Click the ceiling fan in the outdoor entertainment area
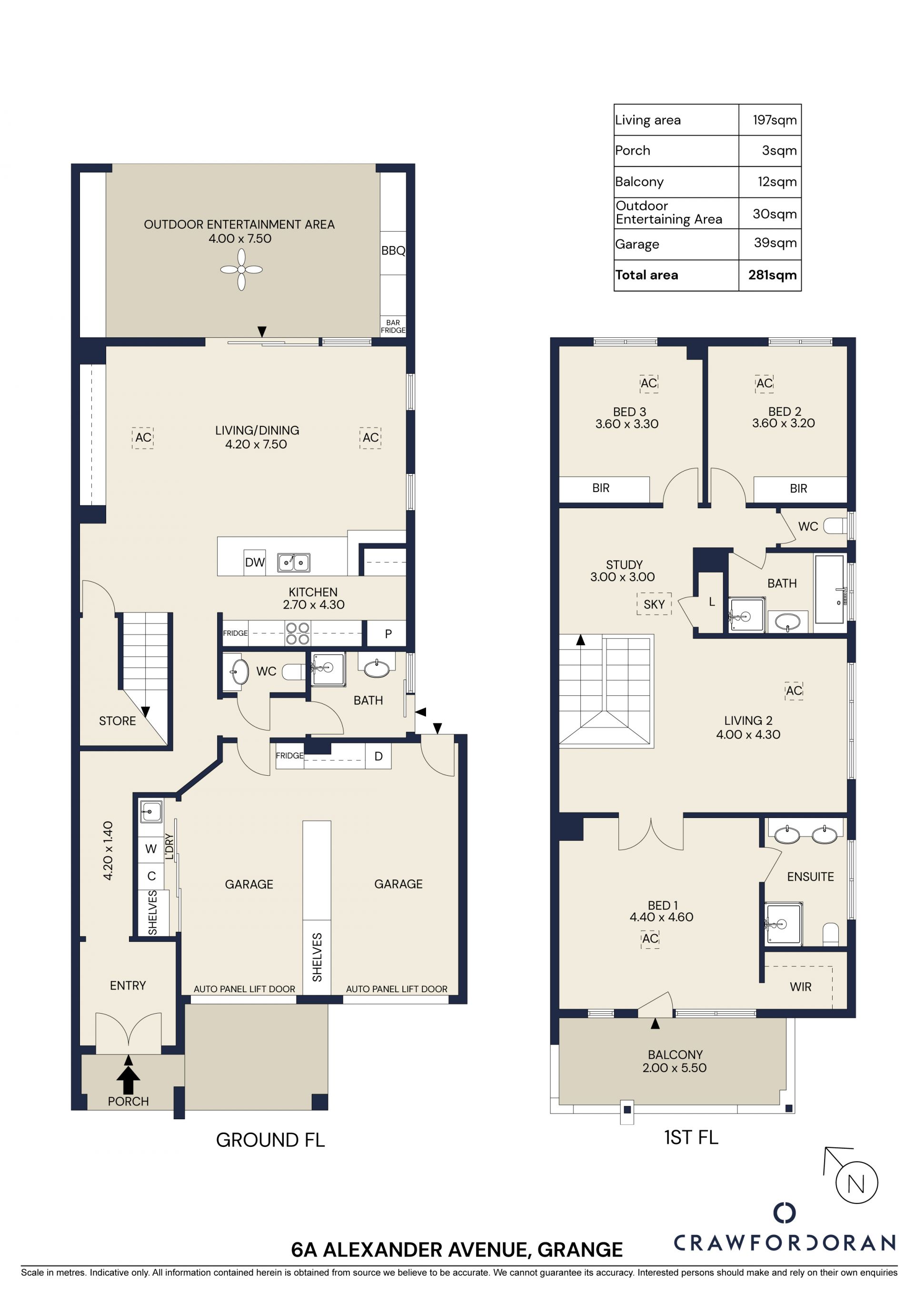coord(241,269)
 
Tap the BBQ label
coord(393,251)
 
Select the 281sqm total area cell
coord(772,275)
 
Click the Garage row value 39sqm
coord(775,243)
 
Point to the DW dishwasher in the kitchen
coord(255,562)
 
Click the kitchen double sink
coord(293,562)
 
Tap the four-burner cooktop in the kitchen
coord(298,633)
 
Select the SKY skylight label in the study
coord(654,604)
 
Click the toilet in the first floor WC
coord(836,526)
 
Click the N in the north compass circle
coord(856,1184)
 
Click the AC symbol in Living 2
coord(794,690)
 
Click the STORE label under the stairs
coord(117,721)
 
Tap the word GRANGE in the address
coord(580,1250)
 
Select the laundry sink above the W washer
coord(151,811)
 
